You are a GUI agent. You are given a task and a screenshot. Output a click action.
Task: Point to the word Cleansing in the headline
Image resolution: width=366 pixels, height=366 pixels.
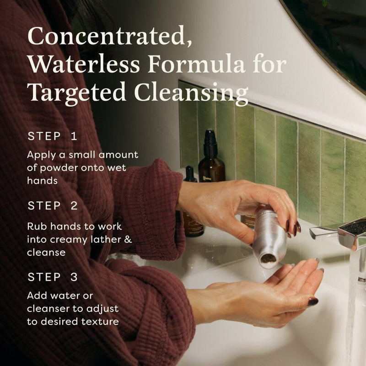tap(191, 93)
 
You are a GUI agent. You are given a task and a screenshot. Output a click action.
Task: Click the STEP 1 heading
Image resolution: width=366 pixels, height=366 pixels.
tap(52, 136)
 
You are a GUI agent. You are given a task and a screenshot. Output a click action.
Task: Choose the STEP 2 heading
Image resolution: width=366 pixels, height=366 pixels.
tap(53, 205)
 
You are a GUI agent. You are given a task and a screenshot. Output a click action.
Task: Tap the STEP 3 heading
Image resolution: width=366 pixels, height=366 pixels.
tap(53, 277)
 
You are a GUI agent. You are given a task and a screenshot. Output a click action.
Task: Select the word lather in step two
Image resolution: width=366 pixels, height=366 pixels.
tap(106, 239)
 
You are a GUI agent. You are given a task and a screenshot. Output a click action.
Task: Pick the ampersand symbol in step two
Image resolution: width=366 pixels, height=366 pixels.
tap(128, 240)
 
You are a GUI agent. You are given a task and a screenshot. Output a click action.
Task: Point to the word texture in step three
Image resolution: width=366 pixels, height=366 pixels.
tap(100, 322)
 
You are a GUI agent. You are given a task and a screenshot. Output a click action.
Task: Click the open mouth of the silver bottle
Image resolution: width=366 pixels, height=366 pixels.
tap(268, 259)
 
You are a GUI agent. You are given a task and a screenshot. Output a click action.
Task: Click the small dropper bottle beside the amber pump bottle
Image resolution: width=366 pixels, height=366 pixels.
tap(190, 174)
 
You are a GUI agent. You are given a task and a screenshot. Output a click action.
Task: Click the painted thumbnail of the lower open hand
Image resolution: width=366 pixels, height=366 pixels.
tap(313, 301)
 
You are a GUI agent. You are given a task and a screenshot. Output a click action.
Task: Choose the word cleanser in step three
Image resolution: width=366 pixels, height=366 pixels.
tap(48, 308)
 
